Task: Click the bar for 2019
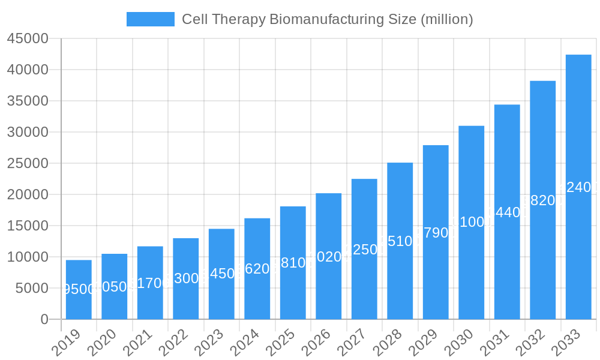(79, 290)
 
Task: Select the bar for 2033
(578, 187)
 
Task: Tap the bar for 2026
(329, 256)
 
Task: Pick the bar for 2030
(472, 223)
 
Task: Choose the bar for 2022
(186, 279)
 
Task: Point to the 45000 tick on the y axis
(28, 39)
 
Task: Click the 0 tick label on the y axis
(44, 320)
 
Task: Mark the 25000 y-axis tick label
(28, 164)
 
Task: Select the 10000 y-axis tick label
(28, 257)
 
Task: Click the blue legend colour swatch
(151, 19)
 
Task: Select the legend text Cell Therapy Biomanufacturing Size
(327, 19)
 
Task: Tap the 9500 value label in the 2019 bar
(79, 289)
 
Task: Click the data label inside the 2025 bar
(293, 263)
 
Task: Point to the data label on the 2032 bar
(542, 200)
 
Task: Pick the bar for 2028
(400, 241)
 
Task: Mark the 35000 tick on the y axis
(28, 101)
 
